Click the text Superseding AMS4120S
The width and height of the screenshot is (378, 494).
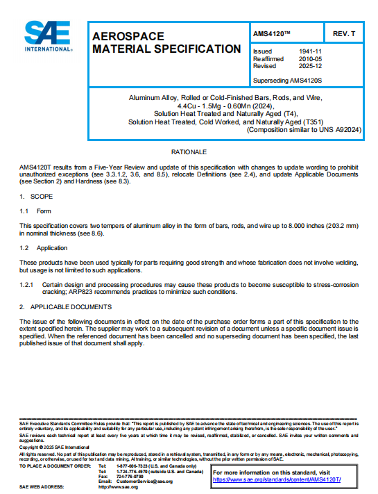click(290, 81)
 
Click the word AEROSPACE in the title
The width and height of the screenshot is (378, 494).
click(128, 36)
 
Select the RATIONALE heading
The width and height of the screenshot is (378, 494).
click(189, 151)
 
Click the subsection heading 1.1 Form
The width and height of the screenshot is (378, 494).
click(35, 211)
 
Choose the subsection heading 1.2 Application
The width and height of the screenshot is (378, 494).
click(43, 248)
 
